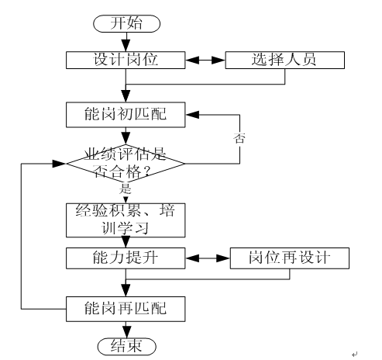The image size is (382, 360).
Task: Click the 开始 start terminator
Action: point(126,25)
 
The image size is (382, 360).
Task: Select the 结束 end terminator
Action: point(126,342)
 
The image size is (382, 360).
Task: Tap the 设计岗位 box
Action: point(126,59)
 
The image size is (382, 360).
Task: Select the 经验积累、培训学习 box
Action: point(126,221)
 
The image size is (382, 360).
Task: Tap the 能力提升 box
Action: point(126,257)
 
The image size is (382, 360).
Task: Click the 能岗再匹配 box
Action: point(126,308)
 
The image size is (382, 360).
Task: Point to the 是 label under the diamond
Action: point(126,189)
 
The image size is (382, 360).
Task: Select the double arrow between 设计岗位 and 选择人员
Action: point(205,59)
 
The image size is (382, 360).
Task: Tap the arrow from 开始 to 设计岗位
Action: point(126,41)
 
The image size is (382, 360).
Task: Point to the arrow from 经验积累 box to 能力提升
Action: point(126,241)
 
